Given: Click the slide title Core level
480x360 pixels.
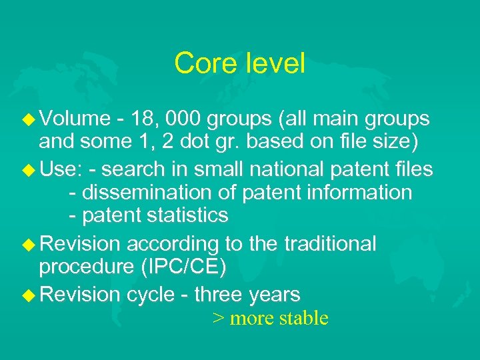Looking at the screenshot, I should pyautogui.click(x=239, y=63).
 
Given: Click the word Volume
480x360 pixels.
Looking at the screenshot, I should pyautogui.click(x=75, y=119).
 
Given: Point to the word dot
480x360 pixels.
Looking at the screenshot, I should pyautogui.click(x=189, y=141).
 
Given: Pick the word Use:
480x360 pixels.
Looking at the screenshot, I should pyautogui.click(x=60, y=169).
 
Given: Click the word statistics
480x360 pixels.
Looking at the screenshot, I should pyautogui.click(x=189, y=215).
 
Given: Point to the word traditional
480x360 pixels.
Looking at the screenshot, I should pyautogui.click(x=329, y=244).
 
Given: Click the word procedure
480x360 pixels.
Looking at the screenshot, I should pyautogui.click(x=86, y=267).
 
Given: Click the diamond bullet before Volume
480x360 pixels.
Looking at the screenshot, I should pyautogui.click(x=28, y=119).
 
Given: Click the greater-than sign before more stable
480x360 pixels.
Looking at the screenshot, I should pyautogui.click(x=217, y=319).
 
